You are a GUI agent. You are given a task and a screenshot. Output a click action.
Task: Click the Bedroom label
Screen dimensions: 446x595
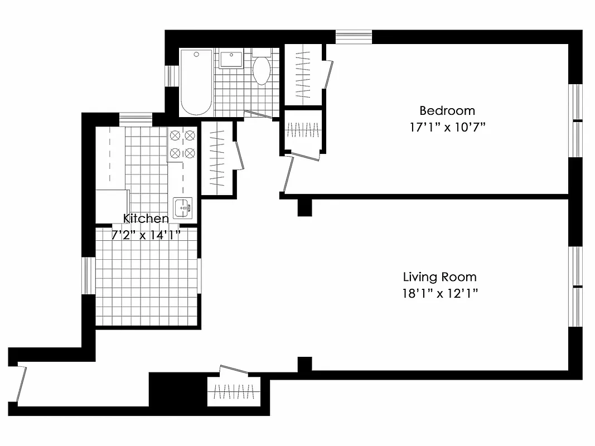pyautogui.click(x=447, y=110)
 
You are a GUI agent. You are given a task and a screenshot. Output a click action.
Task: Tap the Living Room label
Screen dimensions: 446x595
pyautogui.click(x=440, y=277)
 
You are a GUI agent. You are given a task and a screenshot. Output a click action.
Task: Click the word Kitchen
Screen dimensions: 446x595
pyautogui.click(x=146, y=218)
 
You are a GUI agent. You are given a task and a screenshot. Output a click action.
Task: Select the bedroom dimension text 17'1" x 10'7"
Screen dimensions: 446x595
pyautogui.click(x=447, y=127)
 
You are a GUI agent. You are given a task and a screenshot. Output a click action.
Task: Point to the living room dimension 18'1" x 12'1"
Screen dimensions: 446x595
pyautogui.click(x=440, y=293)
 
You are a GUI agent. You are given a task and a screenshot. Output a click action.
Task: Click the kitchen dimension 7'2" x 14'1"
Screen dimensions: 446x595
pyautogui.click(x=146, y=235)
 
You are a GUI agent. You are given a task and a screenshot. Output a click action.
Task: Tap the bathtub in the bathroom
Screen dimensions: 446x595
pyautogui.click(x=196, y=81)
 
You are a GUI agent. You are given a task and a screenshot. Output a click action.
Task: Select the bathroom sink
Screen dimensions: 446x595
pyautogui.click(x=230, y=59)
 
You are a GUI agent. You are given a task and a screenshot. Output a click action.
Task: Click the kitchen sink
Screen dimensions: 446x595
pyautogui.click(x=182, y=208)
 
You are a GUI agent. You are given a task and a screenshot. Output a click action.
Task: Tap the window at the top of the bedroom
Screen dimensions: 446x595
pyautogui.click(x=354, y=36)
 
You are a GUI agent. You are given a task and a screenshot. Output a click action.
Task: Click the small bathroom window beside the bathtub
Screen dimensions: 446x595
pyautogui.click(x=168, y=76)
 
